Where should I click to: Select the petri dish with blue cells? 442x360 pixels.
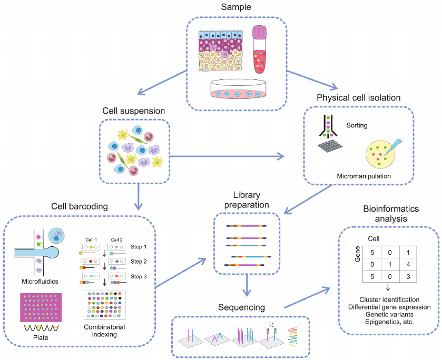237,91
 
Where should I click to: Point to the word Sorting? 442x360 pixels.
357,126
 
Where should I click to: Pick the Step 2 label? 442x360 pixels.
139,262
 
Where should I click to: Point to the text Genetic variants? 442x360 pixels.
389,314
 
